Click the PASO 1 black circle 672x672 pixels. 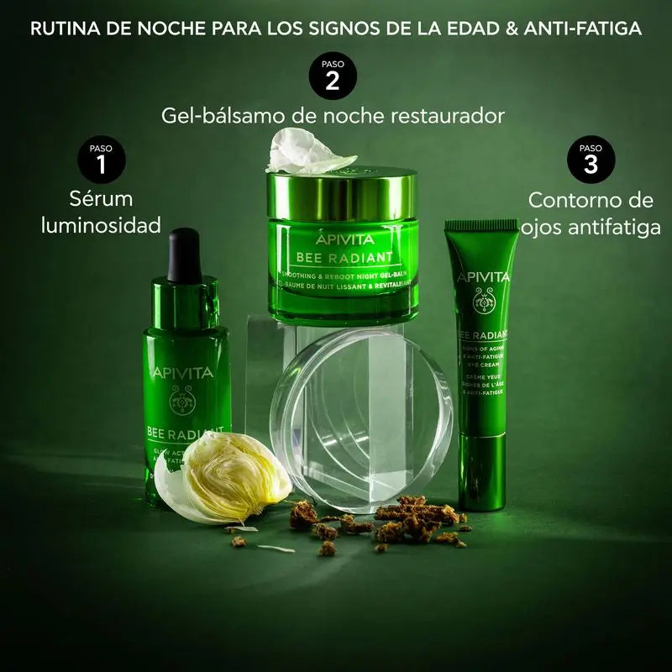(x=101, y=159)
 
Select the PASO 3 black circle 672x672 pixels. (x=591, y=159)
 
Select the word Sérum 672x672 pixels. (x=102, y=199)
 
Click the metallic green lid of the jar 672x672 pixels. (x=341, y=185)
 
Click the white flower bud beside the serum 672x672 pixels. (x=225, y=479)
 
